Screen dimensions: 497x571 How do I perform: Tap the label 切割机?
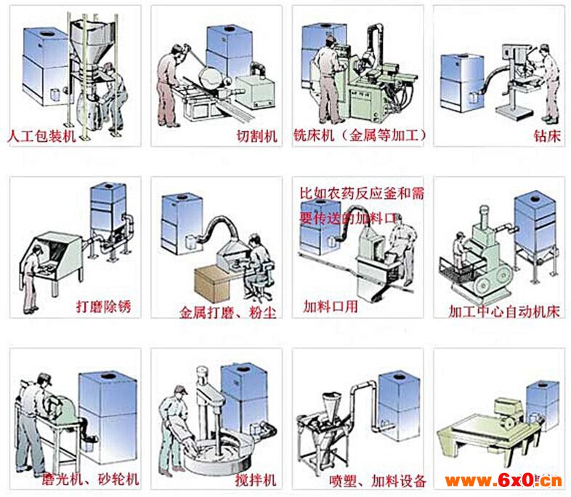click(x=257, y=136)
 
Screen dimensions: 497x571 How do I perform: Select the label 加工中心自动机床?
click(x=505, y=311)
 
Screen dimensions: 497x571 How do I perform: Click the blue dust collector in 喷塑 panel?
click(x=397, y=404)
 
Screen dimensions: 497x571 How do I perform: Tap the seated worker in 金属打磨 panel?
click(x=256, y=266)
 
